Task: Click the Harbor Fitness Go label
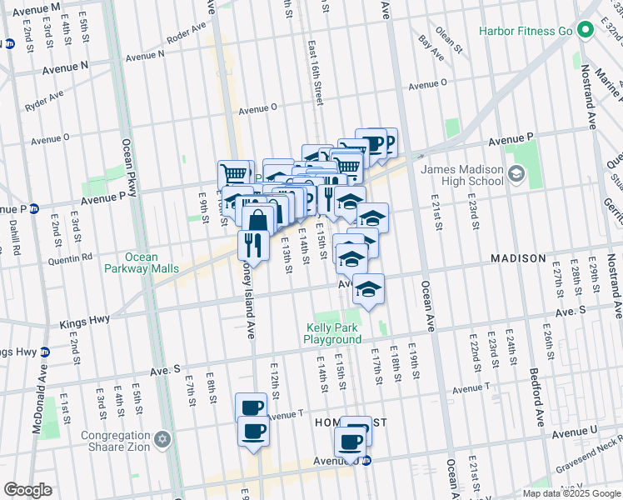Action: coord(525,32)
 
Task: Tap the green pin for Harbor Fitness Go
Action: coord(586,32)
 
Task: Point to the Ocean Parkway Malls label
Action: coord(141,262)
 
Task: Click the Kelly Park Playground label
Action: coord(332,333)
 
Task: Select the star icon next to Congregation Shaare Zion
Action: coord(163,438)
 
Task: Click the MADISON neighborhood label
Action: coord(517,258)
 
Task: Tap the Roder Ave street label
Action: coord(186,33)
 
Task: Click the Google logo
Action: coord(27,490)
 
